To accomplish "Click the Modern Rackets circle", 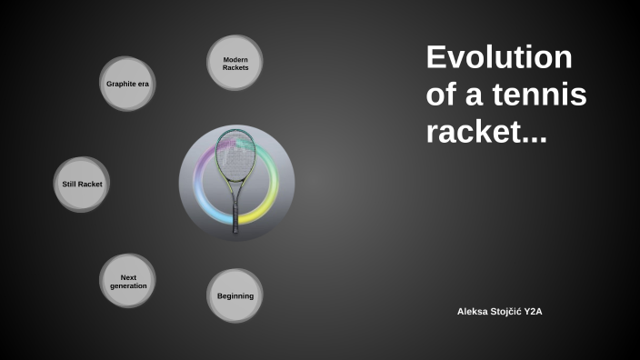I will pyautogui.click(x=235, y=63).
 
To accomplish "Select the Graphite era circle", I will pyautogui.click(x=127, y=84).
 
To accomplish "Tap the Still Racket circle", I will pyautogui.click(x=82, y=185).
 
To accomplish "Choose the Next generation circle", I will pyautogui.click(x=127, y=281).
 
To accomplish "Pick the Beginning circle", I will pyautogui.click(x=235, y=296).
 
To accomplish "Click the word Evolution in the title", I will pyautogui.click(x=499, y=58).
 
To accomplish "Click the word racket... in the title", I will pyautogui.click(x=486, y=133).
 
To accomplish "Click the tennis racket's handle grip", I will pyautogui.click(x=236, y=218).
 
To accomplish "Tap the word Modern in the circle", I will pyautogui.click(x=235, y=59).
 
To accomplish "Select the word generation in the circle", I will pyautogui.click(x=127, y=285).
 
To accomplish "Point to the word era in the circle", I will pyautogui.click(x=143, y=84).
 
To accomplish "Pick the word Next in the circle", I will pyautogui.click(x=127, y=276).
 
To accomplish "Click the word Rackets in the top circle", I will pyautogui.click(x=235, y=68).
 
